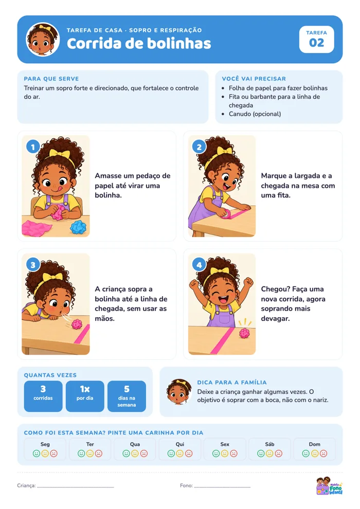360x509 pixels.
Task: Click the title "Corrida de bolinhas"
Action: click(139, 44)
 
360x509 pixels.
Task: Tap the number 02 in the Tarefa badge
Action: click(316, 43)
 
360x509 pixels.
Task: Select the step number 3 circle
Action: click(33, 265)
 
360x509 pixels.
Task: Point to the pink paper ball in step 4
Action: click(244, 333)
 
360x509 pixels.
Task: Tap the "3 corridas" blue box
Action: click(43, 396)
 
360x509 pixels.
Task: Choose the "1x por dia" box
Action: click(85, 396)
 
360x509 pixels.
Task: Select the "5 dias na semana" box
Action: click(127, 396)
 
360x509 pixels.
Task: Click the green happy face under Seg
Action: click(37, 453)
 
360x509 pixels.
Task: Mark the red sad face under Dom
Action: click(323, 453)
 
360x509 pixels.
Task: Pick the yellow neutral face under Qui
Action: click(180, 453)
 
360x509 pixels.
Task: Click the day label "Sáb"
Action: click(270, 444)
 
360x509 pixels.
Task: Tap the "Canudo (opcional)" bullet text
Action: click(255, 114)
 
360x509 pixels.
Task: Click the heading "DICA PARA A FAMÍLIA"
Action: click(232, 383)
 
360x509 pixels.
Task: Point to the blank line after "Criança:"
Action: click(75, 487)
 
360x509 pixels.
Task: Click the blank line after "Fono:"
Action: click(222, 487)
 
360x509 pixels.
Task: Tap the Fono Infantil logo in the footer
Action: click(329, 486)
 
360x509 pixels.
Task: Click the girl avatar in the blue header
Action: click(43, 39)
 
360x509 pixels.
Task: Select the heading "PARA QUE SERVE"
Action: click(51, 79)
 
